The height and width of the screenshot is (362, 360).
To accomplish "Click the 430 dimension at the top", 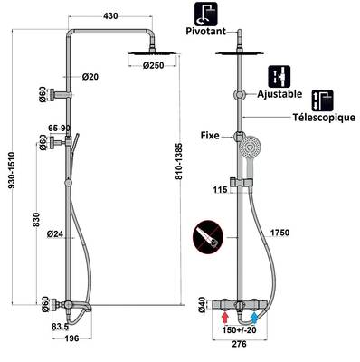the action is (110, 15).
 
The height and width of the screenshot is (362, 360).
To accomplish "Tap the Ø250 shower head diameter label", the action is (153, 65).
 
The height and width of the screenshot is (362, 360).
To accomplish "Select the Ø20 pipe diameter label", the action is (90, 77).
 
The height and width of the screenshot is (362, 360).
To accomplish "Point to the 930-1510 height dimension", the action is (12, 170).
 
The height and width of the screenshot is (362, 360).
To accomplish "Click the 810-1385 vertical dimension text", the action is (179, 161).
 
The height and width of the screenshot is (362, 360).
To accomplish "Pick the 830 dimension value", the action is (36, 219).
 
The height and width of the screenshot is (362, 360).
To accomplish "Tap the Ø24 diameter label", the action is (55, 233).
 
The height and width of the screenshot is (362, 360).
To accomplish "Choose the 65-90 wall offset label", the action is (60, 129).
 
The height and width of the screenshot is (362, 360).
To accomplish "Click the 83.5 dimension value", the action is (60, 327).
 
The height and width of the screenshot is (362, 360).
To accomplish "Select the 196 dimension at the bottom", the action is (71, 338).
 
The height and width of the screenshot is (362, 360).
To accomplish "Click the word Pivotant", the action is (206, 31).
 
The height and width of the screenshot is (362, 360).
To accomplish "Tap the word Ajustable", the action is (279, 94).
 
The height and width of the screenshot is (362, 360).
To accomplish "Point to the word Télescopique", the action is (324, 117).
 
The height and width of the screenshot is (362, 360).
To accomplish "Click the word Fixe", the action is (210, 136).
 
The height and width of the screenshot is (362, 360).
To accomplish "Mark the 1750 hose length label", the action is (279, 233).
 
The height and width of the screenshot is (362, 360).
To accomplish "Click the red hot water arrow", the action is (224, 318).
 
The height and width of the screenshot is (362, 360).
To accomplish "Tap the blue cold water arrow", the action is (255, 318).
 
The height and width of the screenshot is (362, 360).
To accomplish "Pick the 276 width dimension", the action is (239, 344).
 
